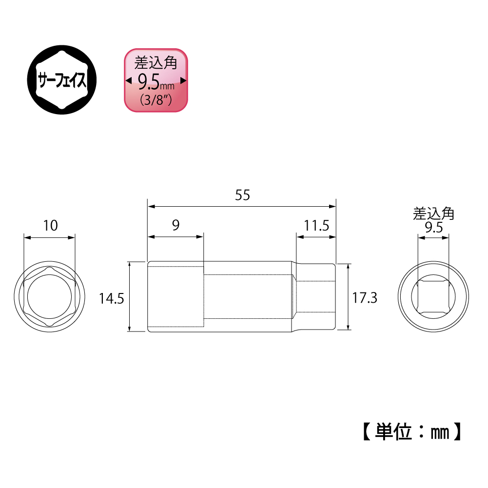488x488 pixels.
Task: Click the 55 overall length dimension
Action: point(242,195)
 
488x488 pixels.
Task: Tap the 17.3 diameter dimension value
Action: point(365,298)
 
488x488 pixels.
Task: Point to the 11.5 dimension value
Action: point(317,226)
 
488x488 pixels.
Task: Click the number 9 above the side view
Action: point(176,225)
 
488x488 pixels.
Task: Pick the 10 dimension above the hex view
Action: point(50,225)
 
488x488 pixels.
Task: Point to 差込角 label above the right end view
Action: point(433,214)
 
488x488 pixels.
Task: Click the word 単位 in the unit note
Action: point(394,431)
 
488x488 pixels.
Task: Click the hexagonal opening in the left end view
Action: point(49,297)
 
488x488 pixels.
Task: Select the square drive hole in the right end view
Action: point(433,297)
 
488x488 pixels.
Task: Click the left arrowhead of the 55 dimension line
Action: point(151,206)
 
